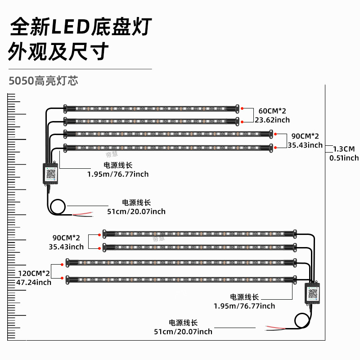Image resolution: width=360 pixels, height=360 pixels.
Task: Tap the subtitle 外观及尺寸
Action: click(58, 52)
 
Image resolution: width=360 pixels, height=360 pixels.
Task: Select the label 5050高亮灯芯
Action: click(43, 81)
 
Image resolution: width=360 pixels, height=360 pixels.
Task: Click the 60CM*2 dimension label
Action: click(272, 111)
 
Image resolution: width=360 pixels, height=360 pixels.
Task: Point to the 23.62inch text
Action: click(272, 120)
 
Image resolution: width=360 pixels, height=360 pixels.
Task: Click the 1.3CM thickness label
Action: click(344, 149)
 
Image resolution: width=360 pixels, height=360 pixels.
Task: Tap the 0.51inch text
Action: click(344, 158)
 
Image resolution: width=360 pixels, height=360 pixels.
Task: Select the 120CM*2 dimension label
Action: click(34, 273)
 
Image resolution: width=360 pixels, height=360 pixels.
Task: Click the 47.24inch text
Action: click(34, 283)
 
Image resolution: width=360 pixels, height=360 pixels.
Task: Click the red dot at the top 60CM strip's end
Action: click(242, 108)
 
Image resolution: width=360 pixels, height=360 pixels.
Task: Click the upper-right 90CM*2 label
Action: click(305, 136)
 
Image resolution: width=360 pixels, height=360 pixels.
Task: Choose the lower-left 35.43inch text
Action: click(66, 247)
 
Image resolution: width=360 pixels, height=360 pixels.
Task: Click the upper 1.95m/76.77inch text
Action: click(118, 174)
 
